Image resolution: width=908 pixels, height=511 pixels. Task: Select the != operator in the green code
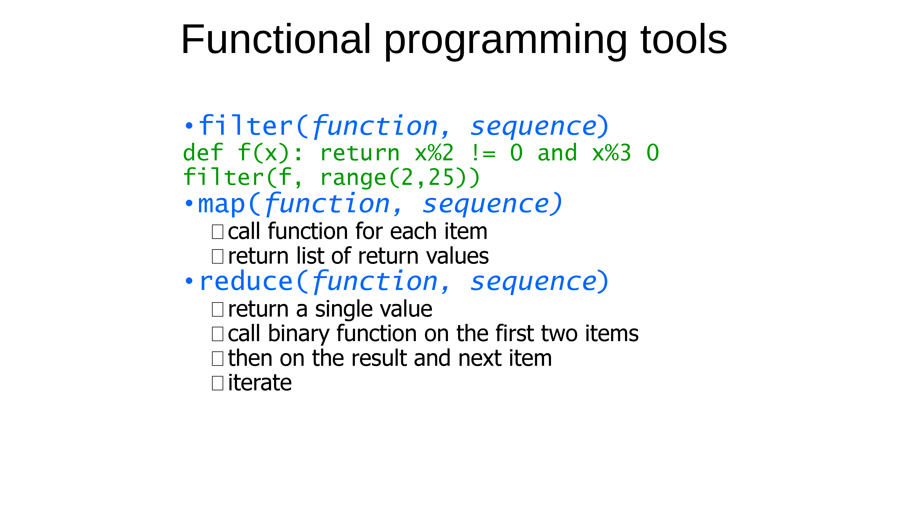(483, 153)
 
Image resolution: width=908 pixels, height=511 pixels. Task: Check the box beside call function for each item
(217, 232)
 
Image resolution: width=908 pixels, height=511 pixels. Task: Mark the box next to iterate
(217, 383)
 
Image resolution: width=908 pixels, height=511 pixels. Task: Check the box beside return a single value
(217, 309)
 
